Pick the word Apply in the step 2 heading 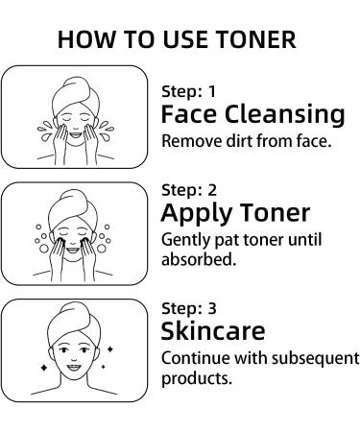coord(196,213)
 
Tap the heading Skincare coord(213,331)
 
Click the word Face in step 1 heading coord(187,115)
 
